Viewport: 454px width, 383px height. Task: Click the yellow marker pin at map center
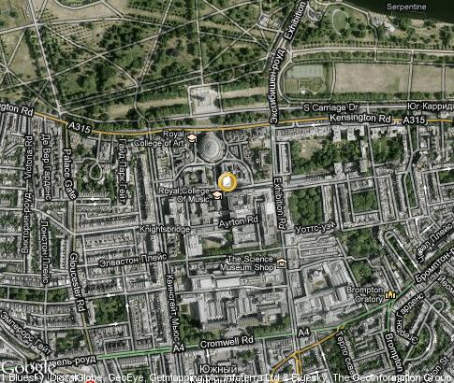pyautogui.click(x=227, y=181)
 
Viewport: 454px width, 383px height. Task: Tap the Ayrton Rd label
pyautogui.click(x=239, y=221)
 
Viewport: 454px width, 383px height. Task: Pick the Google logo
pyautogui.click(x=23, y=368)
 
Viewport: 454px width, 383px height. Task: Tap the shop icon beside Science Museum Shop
pyautogui.click(x=281, y=263)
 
